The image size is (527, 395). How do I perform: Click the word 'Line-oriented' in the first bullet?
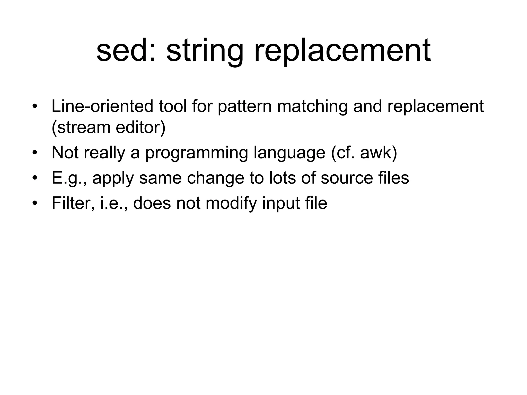(102, 106)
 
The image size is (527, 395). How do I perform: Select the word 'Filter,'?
(73, 203)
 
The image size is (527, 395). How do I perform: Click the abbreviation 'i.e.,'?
(113, 203)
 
